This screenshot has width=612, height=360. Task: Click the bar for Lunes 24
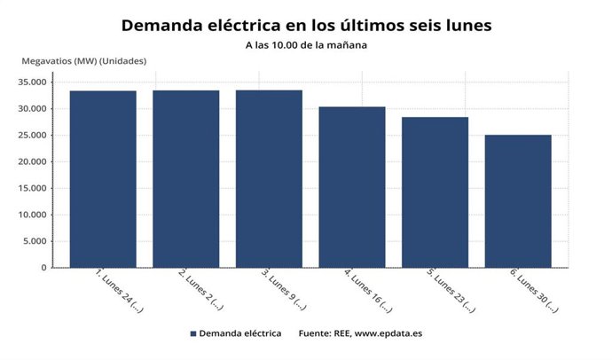pyautogui.click(x=103, y=179)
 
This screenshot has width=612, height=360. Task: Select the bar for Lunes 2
pyautogui.click(x=185, y=179)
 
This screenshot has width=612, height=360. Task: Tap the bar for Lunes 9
pyautogui.click(x=269, y=179)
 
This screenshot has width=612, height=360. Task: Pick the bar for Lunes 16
pyautogui.click(x=352, y=187)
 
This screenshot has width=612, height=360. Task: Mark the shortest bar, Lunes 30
pyautogui.click(x=518, y=201)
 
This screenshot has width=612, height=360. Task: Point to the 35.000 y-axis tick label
pyautogui.click(x=32, y=82)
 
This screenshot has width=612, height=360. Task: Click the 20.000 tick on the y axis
pyautogui.click(x=32, y=162)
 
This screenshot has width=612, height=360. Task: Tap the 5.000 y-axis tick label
pyautogui.click(x=35, y=241)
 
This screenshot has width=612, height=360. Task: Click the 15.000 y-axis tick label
pyautogui.click(x=32, y=189)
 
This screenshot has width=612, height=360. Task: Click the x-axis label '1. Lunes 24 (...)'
pyautogui.click(x=117, y=293)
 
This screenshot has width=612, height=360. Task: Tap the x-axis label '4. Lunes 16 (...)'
pyautogui.click(x=366, y=293)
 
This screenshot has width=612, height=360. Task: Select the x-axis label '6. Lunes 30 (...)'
pyautogui.click(x=532, y=293)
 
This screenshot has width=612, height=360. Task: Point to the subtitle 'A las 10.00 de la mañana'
pyautogui.click(x=305, y=44)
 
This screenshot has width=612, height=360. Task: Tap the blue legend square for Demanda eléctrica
pyautogui.click(x=192, y=334)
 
